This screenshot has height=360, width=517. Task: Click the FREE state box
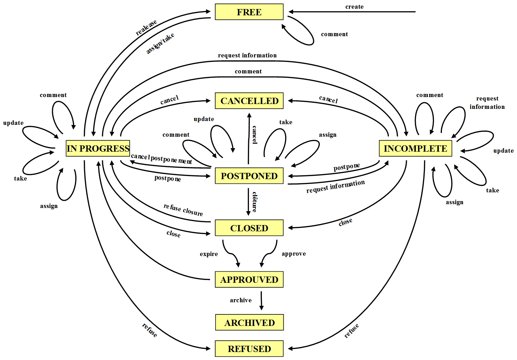(249, 12)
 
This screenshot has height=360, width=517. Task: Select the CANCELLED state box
(249, 101)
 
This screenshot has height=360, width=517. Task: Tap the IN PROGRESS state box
(98, 149)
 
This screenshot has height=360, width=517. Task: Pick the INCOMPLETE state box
(415, 149)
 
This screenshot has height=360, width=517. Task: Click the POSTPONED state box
(249, 176)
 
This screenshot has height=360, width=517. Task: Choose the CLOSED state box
(249, 228)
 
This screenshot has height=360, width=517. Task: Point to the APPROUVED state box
(249, 280)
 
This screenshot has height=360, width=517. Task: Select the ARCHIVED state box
(249, 323)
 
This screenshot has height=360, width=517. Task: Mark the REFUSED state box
(249, 349)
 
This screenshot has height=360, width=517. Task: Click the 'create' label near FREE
(354, 7)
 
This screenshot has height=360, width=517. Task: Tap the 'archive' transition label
(241, 300)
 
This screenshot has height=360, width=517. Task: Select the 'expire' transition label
(209, 254)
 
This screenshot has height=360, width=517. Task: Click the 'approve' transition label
(294, 254)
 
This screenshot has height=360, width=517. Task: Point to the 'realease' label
(146, 28)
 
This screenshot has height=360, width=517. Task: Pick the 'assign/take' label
(160, 44)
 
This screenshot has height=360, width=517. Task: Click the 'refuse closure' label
(183, 210)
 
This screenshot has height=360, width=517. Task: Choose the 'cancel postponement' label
(161, 159)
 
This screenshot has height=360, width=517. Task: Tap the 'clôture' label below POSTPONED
(255, 202)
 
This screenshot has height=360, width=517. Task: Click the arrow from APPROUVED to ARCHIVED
(261, 301)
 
